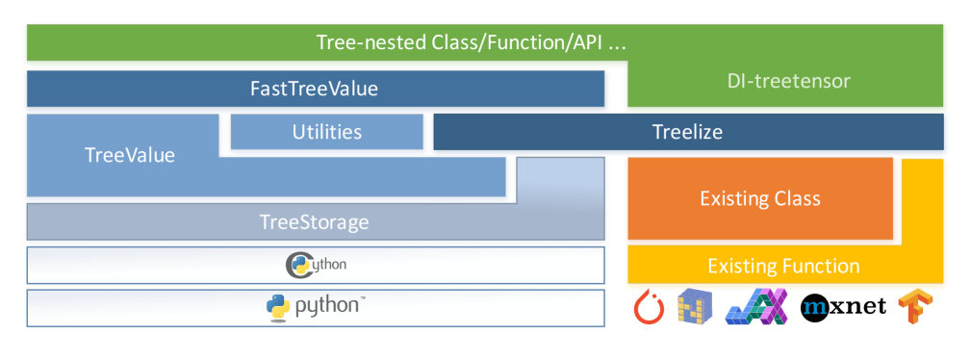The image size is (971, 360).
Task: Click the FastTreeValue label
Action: pyautogui.click(x=314, y=89)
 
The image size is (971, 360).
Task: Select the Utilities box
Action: pyautogui.click(x=327, y=132)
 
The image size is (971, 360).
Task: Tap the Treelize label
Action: pyautogui.click(x=687, y=132)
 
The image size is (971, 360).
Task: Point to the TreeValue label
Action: pyautogui.click(x=130, y=155)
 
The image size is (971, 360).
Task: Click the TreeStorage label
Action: pyautogui.click(x=314, y=221)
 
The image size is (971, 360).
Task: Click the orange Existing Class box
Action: pyautogui.click(x=760, y=198)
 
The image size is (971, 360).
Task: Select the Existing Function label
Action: pyautogui.click(x=783, y=267)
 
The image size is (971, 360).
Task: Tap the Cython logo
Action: pyautogui.click(x=316, y=265)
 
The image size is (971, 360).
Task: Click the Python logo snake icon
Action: pyautogui.click(x=279, y=307)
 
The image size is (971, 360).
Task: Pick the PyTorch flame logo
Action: pyautogui.click(x=649, y=307)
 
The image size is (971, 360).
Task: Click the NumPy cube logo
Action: pyautogui.click(x=695, y=306)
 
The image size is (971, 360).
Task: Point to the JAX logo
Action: pyautogui.click(x=755, y=306)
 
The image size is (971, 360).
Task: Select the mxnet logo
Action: pyautogui.click(x=843, y=306)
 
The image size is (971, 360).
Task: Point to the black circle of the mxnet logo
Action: pyautogui.click(x=816, y=306)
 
